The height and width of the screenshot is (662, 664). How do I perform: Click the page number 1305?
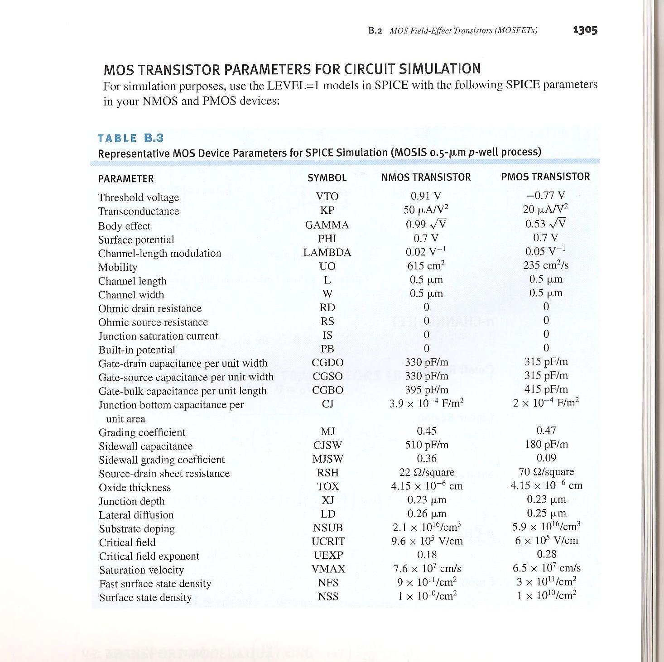pyautogui.click(x=585, y=30)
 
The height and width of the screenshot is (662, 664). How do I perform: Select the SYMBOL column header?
pyautogui.click(x=327, y=178)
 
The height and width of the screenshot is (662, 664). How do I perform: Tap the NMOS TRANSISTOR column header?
pyautogui.click(x=426, y=177)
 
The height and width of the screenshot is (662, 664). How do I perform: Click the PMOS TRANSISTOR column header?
pyautogui.click(x=545, y=177)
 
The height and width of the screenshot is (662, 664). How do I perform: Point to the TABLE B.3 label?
pyautogui.click(x=130, y=138)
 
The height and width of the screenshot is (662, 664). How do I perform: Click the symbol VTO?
pyautogui.click(x=327, y=196)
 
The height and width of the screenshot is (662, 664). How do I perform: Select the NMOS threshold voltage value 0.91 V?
pyautogui.click(x=426, y=196)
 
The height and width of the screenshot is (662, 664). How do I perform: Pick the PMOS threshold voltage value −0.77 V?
pyautogui.click(x=545, y=195)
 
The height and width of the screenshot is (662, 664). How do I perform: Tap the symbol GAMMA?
pyautogui.click(x=327, y=225)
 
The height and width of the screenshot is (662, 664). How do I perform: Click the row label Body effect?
pyautogui.click(x=124, y=226)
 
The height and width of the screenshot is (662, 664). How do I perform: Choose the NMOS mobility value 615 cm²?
pyautogui.click(x=426, y=265)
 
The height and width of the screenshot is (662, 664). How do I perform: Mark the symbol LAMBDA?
pyautogui.click(x=327, y=253)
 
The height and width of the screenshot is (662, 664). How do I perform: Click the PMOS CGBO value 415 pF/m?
pyautogui.click(x=546, y=389)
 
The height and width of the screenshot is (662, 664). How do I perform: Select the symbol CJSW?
pyautogui.click(x=327, y=446)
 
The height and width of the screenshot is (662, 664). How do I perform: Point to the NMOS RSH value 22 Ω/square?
pyautogui.click(x=427, y=472)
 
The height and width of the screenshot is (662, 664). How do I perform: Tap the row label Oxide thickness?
pyautogui.click(x=135, y=488)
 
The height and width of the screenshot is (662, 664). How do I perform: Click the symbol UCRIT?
pyautogui.click(x=328, y=542)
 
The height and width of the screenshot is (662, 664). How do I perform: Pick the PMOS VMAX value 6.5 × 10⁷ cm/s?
pyautogui.click(x=546, y=568)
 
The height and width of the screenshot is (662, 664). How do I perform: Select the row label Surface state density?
pyautogui.click(x=145, y=598)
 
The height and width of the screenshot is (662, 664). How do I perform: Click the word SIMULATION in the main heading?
pyautogui.click(x=439, y=69)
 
